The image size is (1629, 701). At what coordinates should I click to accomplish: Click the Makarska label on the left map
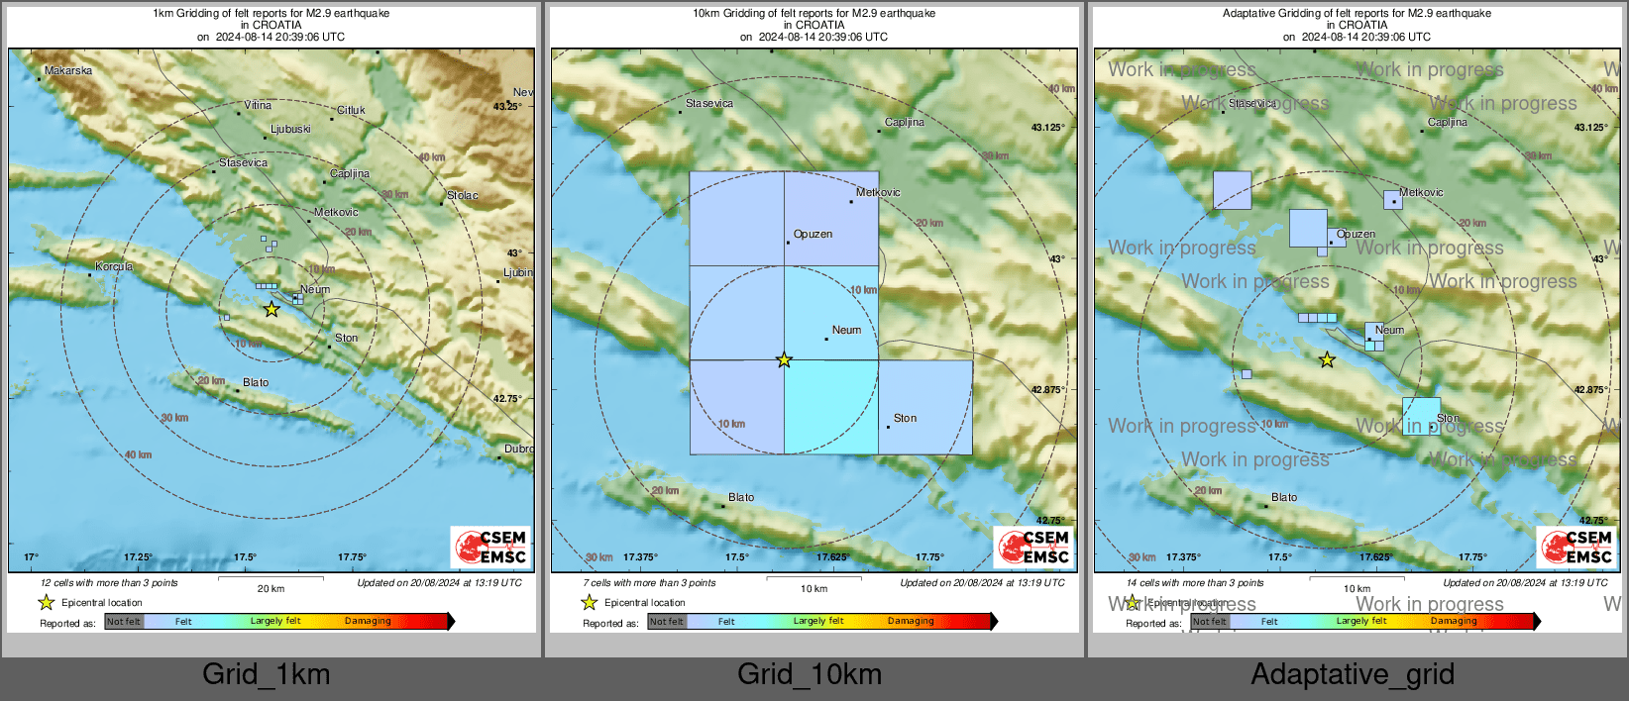(x=68, y=70)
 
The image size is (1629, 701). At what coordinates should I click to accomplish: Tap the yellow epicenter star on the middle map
(x=784, y=360)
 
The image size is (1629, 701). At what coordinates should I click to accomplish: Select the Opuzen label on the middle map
(x=813, y=235)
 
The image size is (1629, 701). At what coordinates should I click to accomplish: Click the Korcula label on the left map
(x=114, y=266)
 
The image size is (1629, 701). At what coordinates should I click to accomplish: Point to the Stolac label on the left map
(x=462, y=195)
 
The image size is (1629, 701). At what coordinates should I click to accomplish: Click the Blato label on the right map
(x=1284, y=498)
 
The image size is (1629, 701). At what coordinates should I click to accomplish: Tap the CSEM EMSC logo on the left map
(x=490, y=548)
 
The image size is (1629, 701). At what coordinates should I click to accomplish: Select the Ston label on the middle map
(x=905, y=419)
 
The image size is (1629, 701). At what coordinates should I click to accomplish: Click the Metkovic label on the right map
(x=1421, y=193)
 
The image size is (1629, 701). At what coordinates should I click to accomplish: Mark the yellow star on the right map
(x=1327, y=360)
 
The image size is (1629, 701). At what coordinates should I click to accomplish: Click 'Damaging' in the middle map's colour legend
(x=911, y=622)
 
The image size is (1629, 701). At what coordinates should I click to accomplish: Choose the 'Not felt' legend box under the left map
(x=124, y=622)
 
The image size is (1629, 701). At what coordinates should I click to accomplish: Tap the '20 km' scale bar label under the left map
(x=271, y=589)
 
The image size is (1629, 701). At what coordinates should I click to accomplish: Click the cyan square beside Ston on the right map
(x=1421, y=416)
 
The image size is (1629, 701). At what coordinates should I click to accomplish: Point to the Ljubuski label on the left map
(x=290, y=130)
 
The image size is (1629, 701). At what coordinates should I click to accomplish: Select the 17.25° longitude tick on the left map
(x=139, y=557)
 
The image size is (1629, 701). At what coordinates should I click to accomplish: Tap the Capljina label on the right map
(x=1447, y=123)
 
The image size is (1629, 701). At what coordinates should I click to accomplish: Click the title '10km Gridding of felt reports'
(x=814, y=14)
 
